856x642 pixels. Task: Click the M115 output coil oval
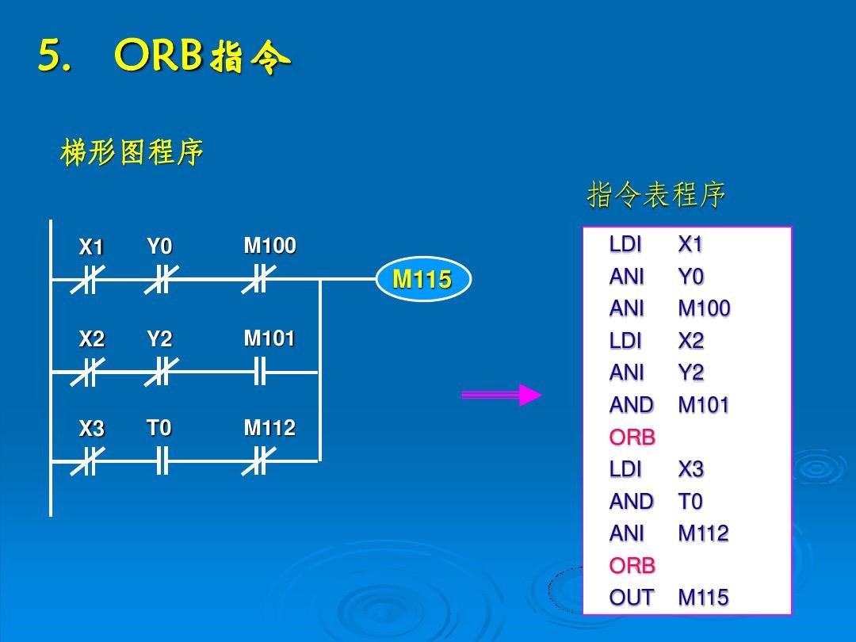click(422, 280)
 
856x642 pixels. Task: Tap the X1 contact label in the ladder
click(91, 248)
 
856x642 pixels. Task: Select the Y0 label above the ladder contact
click(159, 247)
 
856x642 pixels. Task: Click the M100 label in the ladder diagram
click(269, 246)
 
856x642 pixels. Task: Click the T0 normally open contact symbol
click(162, 460)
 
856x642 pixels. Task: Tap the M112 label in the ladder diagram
click(269, 429)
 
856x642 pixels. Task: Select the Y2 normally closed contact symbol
click(162, 371)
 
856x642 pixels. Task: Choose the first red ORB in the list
click(632, 438)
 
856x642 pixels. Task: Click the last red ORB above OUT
click(632, 566)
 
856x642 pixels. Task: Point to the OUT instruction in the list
click(632, 598)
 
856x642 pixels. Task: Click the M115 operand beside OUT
click(703, 598)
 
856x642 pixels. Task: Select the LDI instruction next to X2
click(625, 341)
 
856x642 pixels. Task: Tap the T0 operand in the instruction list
click(690, 502)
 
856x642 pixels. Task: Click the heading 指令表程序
click(656, 195)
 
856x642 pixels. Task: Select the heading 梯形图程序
click(132, 153)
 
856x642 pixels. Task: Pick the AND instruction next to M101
click(631, 405)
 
